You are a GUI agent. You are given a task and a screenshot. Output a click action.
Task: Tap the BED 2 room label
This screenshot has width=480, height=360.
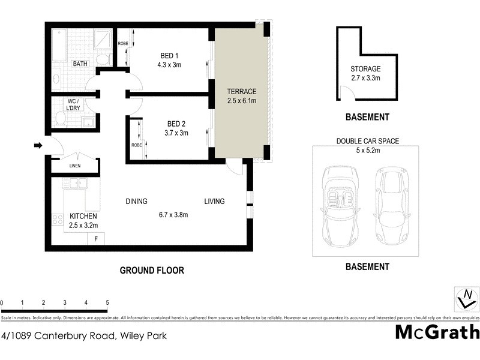(x=177, y=124)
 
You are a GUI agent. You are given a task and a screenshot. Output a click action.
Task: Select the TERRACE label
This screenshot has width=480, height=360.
(x=241, y=92)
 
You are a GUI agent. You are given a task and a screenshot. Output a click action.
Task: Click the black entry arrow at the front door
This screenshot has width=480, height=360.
(x=37, y=145)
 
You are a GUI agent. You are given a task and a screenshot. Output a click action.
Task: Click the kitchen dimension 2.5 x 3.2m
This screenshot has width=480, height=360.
(x=83, y=226)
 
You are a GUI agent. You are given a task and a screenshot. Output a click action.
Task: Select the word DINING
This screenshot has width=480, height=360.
(x=136, y=202)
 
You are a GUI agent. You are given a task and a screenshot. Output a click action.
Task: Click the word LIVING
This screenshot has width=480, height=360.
(x=214, y=202)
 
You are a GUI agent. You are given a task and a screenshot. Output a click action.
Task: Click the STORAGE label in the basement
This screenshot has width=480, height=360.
(x=365, y=68)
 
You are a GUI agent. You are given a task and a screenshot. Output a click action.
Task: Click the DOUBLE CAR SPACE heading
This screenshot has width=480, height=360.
(x=368, y=142)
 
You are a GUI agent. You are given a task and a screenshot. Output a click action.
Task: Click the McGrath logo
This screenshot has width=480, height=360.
(x=437, y=332)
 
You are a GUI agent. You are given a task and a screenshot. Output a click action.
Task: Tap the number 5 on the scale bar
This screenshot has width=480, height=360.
(x=107, y=302)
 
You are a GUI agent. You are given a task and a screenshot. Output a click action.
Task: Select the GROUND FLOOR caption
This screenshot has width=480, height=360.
(x=152, y=271)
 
